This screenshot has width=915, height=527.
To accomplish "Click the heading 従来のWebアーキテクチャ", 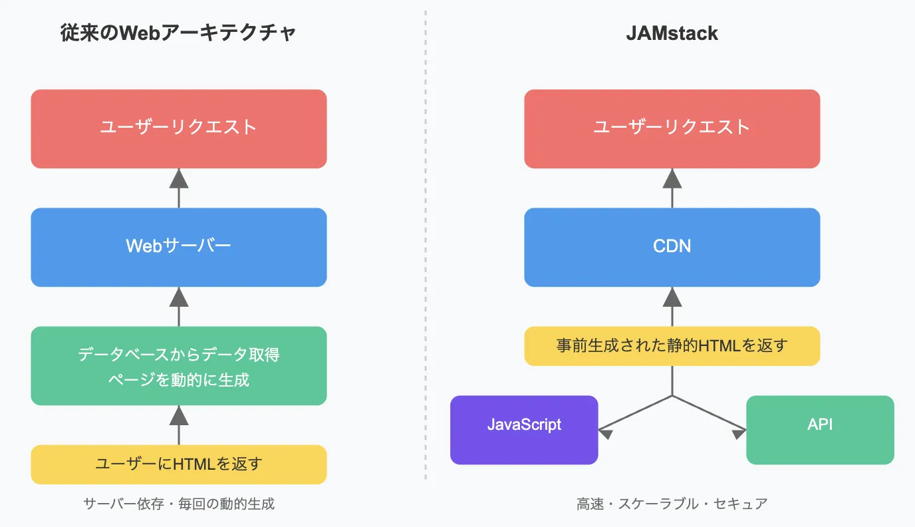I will (178, 33).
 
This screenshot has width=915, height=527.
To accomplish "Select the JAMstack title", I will (672, 33).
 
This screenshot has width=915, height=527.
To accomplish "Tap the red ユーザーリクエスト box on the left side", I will (178, 128).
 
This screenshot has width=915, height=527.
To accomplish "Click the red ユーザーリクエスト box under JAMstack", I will (672, 128).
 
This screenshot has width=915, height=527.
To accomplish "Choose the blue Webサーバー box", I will (178, 247).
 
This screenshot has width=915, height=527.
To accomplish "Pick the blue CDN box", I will (672, 247).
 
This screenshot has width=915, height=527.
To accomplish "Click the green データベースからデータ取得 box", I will (178, 365).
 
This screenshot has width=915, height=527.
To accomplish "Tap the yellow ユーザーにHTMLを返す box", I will (178, 464).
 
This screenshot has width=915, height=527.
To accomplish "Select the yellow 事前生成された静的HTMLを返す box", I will (672, 346).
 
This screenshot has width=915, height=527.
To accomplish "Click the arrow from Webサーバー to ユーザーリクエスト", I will (179, 188).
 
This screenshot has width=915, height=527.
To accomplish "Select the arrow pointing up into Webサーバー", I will (179, 306).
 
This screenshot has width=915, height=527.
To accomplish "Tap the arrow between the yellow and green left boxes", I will (179, 425).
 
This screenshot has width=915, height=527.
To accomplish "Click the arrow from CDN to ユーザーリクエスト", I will (672, 188).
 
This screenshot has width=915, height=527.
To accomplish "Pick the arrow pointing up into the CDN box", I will (672, 306).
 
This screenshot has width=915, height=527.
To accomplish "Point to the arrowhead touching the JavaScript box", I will (604, 433).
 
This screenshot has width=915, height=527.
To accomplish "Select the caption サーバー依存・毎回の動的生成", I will (179, 504).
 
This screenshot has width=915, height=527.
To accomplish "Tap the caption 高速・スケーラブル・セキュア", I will (672, 504).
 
